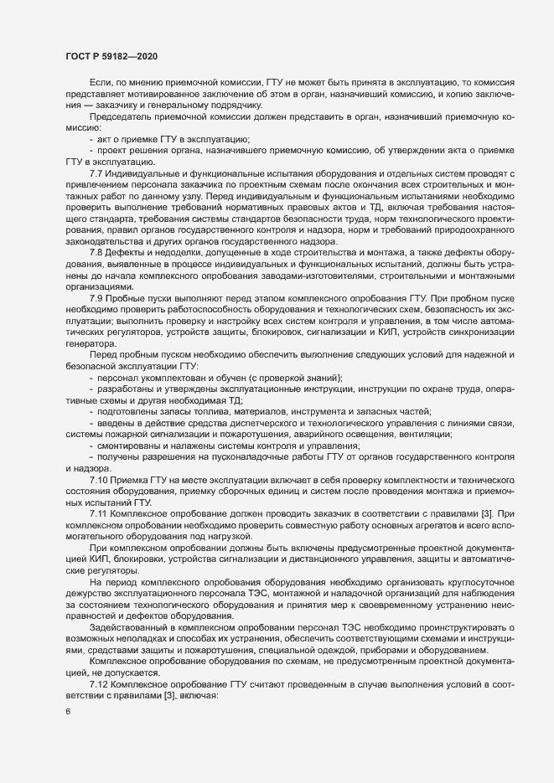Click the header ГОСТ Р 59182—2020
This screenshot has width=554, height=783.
coord(111,56)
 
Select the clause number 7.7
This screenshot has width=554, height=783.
coord(96,173)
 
